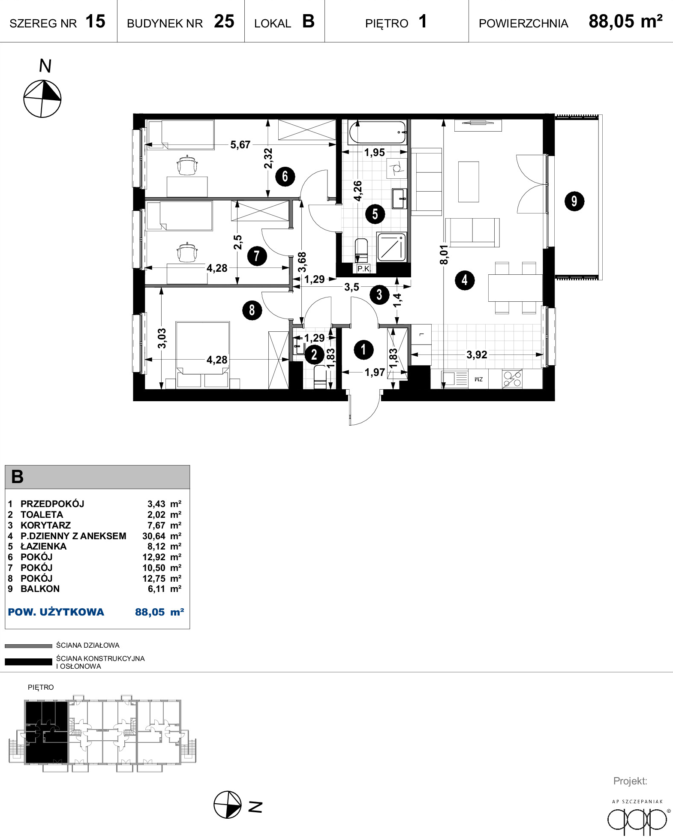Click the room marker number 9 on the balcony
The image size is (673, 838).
[574, 201]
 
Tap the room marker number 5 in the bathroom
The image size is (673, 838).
[375, 214]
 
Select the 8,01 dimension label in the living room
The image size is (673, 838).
[444, 255]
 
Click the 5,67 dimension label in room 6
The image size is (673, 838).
[240, 145]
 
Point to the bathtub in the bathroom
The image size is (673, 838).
[378, 133]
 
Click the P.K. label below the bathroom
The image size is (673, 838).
[364, 269]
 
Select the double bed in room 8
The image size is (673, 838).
[202, 355]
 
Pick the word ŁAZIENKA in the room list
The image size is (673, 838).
[43, 547]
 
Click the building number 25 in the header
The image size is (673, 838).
[224, 21]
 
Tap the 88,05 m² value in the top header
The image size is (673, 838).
[625, 21]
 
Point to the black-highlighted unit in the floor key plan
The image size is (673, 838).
[46, 732]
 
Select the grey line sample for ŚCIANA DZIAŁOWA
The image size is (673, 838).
[28, 646]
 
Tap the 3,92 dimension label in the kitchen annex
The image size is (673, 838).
[477, 355]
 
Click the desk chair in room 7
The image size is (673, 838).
[187, 252]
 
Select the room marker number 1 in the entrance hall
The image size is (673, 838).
[364, 349]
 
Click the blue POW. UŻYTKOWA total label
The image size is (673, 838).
[56, 612]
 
